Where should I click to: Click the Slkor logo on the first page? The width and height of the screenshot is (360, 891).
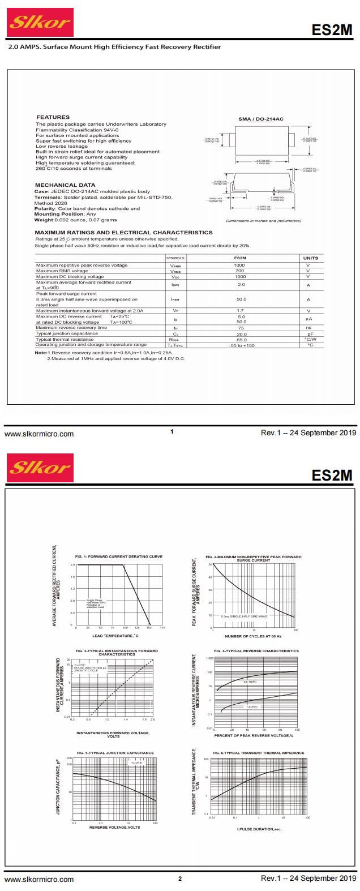coord(40,23)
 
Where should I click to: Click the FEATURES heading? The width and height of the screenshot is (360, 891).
coord(53,117)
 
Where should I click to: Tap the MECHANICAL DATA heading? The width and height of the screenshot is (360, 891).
coord(65,185)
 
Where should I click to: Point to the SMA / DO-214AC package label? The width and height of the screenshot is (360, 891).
coord(261,119)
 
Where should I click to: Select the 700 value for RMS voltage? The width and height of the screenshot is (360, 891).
coord(240,271)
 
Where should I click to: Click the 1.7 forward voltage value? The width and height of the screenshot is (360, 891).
coord(241,311)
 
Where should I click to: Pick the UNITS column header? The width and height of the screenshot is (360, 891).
coord(310,258)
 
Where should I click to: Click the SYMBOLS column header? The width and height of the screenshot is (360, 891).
coord(175,258)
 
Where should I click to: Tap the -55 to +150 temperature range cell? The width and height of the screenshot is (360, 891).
coord(242,345)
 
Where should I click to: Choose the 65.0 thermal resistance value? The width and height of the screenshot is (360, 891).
coord(242,340)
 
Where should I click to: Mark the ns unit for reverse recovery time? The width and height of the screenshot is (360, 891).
coord(308,328)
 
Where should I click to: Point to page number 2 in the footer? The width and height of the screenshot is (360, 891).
coord(180,879)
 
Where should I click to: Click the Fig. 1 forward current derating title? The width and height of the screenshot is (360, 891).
coord(119,556)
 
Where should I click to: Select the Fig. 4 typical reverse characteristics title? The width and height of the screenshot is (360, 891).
coord(256,651)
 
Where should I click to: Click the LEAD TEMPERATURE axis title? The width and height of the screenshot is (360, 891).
coord(115,636)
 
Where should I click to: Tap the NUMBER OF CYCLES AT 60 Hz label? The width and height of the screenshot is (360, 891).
coord(253,636)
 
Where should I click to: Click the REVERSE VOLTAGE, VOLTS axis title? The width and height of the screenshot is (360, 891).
coord(114,827)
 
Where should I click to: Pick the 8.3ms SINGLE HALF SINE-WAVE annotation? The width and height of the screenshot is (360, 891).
coord(244,616)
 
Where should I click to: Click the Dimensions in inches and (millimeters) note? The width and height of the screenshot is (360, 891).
coord(263,221)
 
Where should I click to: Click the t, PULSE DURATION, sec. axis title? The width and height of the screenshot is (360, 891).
coord(259,829)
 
